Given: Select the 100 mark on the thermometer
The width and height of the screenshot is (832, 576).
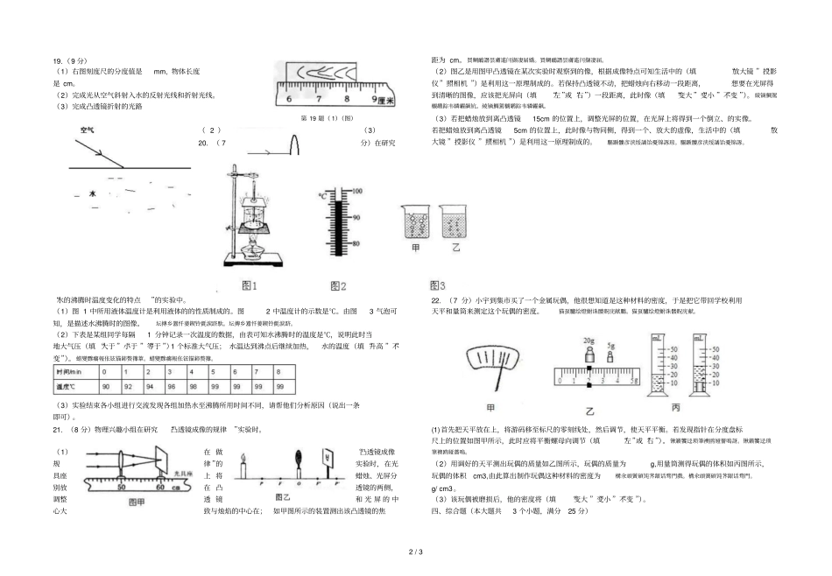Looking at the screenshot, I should click(356, 189).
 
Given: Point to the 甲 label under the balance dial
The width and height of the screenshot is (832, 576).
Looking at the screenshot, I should click(491, 408).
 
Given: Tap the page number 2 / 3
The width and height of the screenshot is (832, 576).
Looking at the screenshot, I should click(416, 551).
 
